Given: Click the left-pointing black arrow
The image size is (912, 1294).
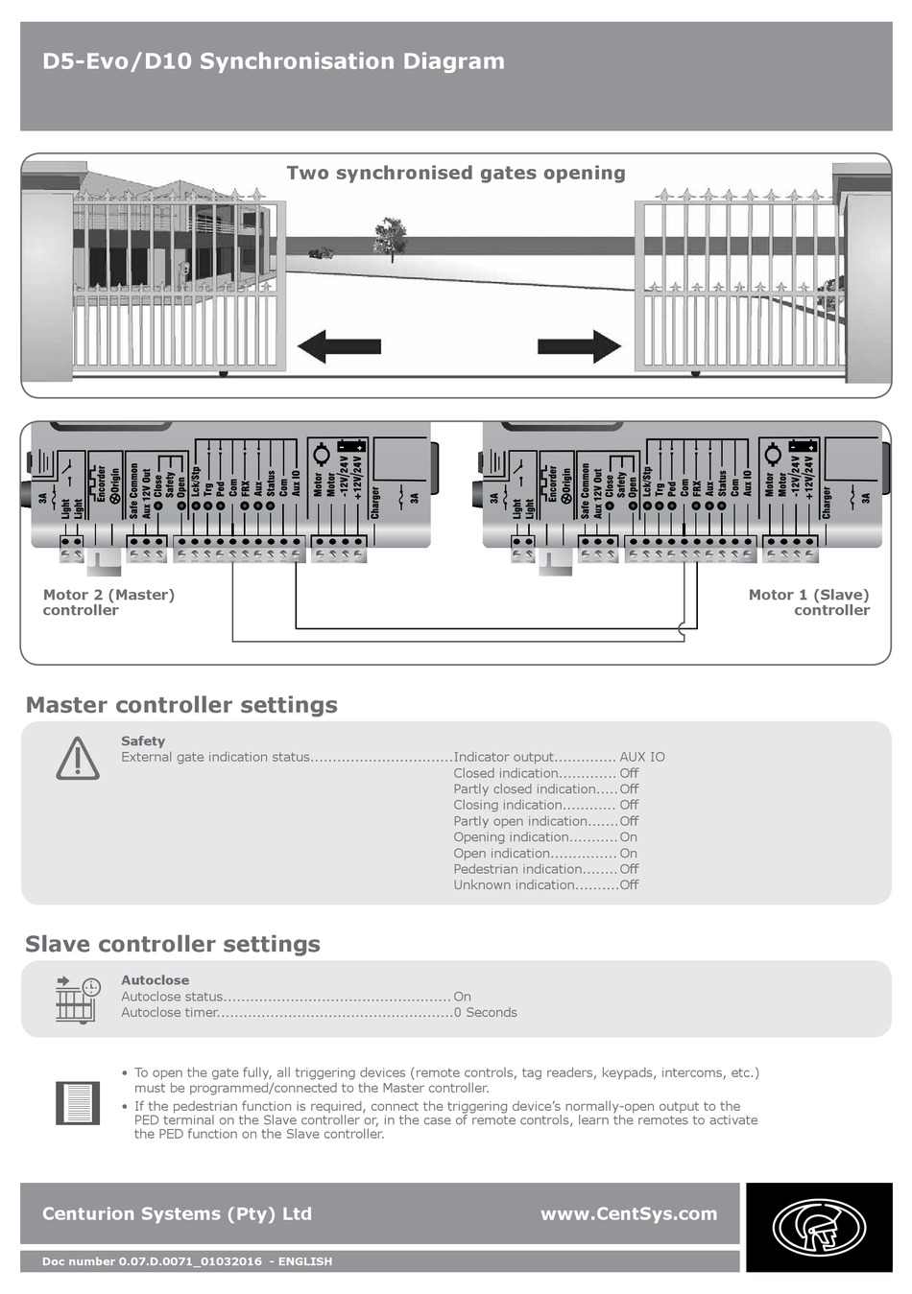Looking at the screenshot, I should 339,346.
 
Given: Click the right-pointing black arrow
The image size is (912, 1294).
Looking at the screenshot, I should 579,346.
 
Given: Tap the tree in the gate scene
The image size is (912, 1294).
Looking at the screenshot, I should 390,238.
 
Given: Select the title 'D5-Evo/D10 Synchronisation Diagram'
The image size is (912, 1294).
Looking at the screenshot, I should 274,61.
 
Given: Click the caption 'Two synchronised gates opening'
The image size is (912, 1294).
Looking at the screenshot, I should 456,174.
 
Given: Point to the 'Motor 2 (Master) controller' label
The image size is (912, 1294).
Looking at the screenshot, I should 108,602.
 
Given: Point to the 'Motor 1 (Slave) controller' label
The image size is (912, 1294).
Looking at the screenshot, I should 809,602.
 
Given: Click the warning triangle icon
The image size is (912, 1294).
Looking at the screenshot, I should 78,759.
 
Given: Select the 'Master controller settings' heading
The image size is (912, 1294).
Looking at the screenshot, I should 181,705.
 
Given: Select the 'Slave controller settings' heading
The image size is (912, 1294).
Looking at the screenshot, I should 173,944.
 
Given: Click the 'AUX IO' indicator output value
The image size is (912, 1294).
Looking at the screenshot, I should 642,757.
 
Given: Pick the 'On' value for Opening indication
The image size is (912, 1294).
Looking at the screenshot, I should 628,837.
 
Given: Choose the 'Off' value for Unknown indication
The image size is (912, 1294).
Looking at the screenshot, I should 629,885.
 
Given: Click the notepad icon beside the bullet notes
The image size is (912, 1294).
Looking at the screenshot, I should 78,1103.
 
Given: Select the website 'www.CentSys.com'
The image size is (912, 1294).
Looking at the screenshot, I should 629,1213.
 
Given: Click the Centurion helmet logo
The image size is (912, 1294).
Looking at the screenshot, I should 819,1227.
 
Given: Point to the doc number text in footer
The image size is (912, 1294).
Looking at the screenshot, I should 187,1261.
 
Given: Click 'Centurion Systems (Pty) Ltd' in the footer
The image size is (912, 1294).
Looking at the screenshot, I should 177,1213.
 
